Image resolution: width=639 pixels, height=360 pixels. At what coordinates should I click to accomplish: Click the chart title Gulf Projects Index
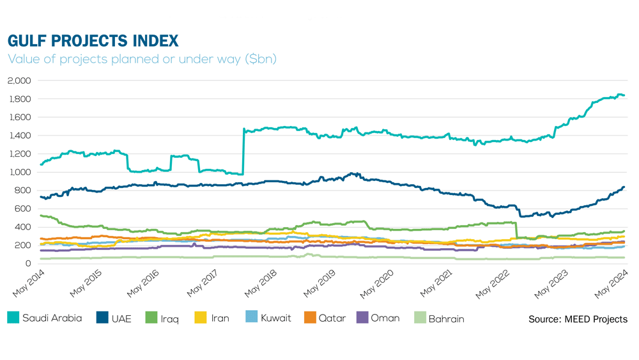click(93, 41)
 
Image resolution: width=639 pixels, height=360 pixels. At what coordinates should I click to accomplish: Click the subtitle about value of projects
click(142, 59)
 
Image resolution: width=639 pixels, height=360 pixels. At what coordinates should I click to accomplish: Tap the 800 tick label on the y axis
click(23, 191)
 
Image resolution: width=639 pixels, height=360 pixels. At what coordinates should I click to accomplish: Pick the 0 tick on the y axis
click(28, 263)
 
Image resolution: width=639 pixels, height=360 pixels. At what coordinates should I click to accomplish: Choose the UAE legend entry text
click(121, 318)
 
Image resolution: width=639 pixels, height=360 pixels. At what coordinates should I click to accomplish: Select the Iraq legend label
click(170, 318)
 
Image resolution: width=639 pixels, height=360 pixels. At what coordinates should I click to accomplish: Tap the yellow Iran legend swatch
click(201, 318)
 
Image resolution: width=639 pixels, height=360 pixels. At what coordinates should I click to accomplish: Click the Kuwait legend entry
click(275, 318)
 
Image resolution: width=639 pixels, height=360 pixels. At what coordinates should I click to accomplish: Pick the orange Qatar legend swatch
click(310, 318)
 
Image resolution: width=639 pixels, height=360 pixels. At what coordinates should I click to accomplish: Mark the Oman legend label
click(385, 318)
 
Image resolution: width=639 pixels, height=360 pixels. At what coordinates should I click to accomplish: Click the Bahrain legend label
click(446, 318)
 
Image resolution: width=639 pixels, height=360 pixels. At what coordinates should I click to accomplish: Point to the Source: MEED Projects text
click(578, 319)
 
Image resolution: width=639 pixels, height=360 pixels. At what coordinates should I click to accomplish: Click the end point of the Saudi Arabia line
click(624, 96)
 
